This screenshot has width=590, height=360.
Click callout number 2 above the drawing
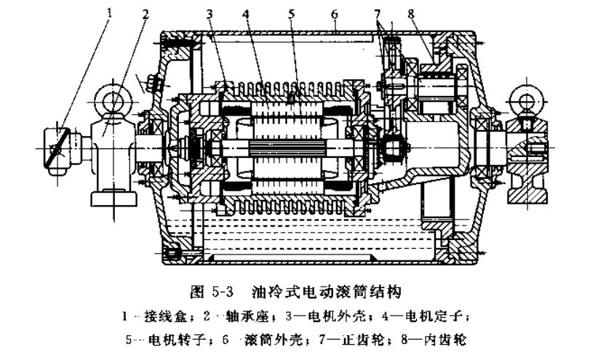[x=145, y=14]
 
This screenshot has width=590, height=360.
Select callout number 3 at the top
[x=210, y=14]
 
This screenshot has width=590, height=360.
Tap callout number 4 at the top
[x=247, y=14]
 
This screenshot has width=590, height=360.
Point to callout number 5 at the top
[x=291, y=14]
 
